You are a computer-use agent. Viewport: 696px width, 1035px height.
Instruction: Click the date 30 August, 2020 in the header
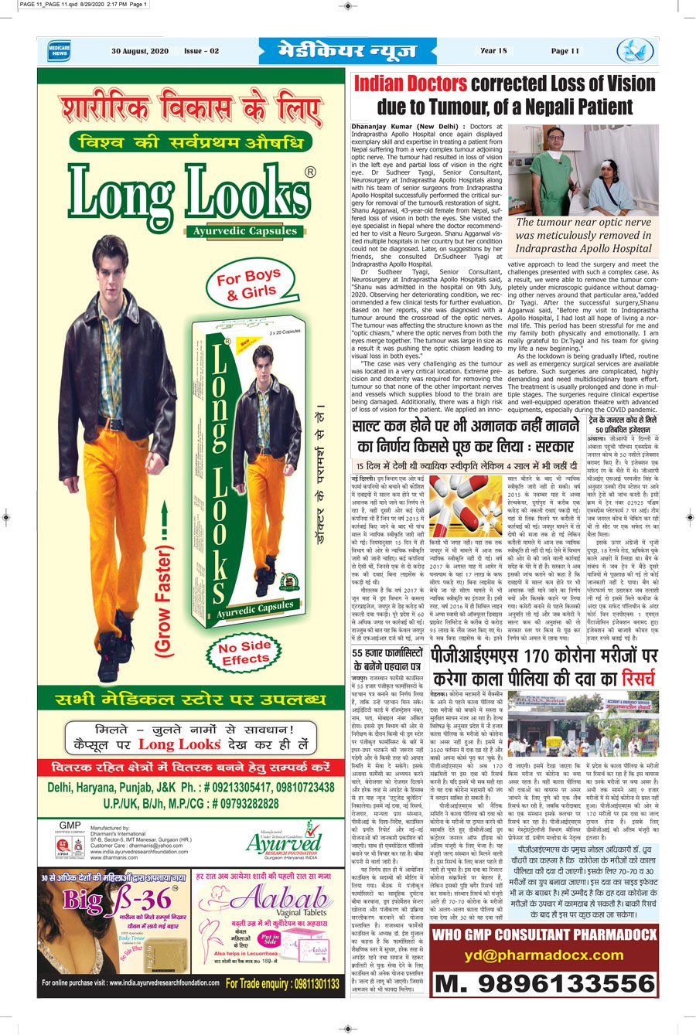coord(141,51)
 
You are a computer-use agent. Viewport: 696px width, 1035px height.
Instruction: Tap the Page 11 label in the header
coord(565,51)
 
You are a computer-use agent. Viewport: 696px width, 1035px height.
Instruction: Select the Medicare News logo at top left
coord(58,51)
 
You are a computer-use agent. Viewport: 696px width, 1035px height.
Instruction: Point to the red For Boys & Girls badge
coord(248,284)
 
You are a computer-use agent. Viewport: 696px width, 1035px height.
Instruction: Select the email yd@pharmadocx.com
coord(544,955)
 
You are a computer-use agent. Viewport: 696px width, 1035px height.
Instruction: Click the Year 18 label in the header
coord(493,51)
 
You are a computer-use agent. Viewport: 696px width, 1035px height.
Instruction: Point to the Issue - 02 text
coord(201,51)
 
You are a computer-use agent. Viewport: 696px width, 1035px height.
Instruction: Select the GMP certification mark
coord(70,826)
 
